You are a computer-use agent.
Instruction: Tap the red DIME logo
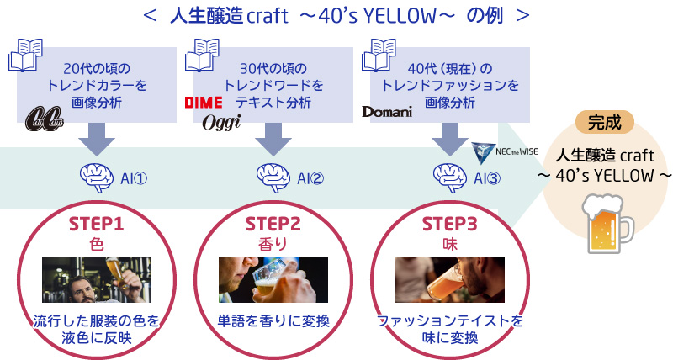point(203,103)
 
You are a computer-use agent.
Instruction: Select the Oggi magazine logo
point(220,122)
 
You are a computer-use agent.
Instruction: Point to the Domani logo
point(387,111)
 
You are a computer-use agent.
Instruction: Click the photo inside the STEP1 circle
point(96,280)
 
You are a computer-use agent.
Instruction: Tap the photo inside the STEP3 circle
point(449,280)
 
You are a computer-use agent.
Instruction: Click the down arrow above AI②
point(272,137)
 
